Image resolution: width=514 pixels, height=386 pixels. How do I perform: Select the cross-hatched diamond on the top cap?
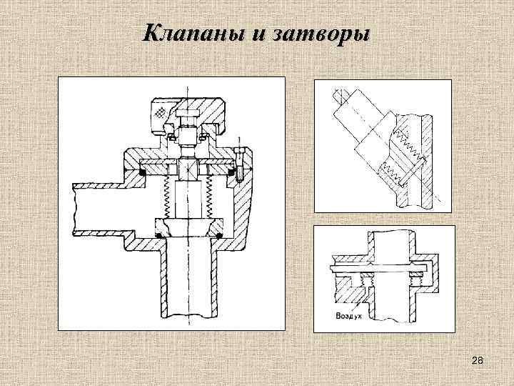pyautogui.click(x=161, y=112)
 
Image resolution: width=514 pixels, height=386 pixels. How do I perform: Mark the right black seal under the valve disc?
pyautogui.click(x=218, y=233)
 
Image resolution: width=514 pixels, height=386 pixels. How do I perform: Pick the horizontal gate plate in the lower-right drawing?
pyautogui.click(x=378, y=267)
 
